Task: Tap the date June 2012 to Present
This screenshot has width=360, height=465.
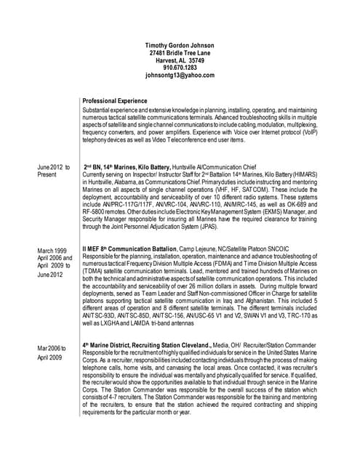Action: point(54,171)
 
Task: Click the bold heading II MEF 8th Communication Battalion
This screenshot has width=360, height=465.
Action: point(134,251)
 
